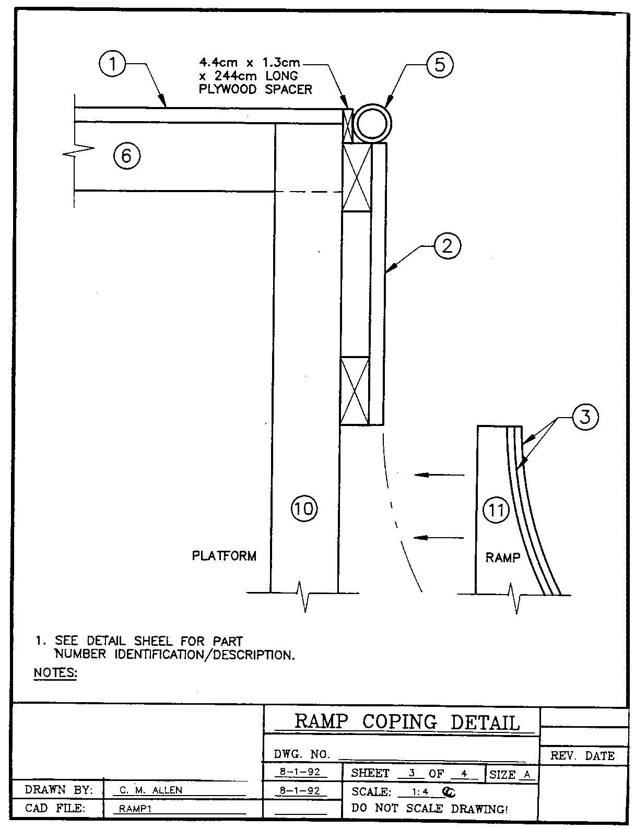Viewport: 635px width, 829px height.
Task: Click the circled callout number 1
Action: [112, 65]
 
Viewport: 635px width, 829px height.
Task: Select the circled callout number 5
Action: [440, 65]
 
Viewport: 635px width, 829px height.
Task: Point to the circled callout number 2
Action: [448, 245]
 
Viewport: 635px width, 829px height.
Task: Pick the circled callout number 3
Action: [585, 418]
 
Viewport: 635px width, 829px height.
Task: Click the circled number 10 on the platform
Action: [303, 508]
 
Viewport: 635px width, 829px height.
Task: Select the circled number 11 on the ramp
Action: [496, 509]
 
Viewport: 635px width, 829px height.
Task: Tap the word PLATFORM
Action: [224, 556]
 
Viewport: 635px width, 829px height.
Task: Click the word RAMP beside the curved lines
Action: [502, 558]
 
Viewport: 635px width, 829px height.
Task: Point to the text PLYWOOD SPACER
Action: [255, 89]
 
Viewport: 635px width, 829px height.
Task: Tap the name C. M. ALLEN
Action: [151, 790]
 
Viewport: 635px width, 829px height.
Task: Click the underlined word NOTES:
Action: [55, 673]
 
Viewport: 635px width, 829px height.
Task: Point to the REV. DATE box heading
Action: [583, 756]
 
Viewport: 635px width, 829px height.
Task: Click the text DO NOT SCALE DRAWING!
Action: [430, 809]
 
